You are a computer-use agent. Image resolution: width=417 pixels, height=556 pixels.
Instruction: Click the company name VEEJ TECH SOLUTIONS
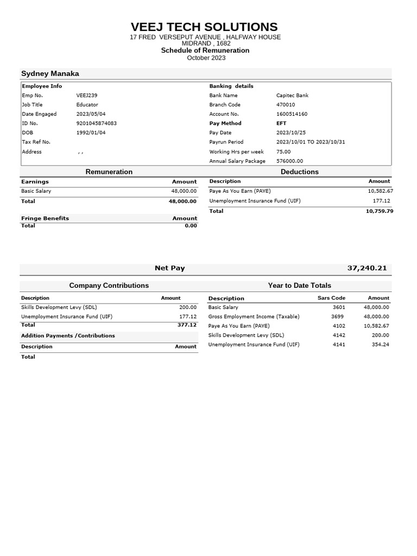204,27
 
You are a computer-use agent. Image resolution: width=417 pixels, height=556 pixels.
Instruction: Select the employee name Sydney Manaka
50,74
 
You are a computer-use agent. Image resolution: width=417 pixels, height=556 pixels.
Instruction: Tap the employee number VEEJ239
87,96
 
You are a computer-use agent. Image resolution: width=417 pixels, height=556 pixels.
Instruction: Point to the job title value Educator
87,105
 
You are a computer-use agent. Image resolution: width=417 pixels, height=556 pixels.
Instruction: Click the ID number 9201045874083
97,123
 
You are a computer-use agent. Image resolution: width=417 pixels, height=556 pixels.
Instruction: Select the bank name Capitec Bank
292,96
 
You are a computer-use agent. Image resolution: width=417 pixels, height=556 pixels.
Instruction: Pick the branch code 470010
286,105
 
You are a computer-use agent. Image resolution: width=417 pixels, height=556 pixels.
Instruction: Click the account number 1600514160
292,114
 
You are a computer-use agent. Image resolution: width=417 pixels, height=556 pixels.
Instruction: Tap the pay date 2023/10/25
291,132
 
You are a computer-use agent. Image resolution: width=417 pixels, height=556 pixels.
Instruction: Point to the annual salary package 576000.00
289,161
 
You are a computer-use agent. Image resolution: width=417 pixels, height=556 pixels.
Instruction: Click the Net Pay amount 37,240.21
367,268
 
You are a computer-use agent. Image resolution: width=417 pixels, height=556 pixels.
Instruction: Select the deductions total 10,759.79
380,211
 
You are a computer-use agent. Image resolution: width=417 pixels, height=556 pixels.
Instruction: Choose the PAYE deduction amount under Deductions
380,191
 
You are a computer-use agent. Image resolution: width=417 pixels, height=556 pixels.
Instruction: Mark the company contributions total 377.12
187,325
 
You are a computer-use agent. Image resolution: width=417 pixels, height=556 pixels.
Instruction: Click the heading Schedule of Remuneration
205,50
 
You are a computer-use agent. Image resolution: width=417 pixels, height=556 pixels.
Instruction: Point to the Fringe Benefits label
45,218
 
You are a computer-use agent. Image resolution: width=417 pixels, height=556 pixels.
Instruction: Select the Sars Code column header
331,298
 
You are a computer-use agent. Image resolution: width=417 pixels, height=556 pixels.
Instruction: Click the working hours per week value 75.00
283,151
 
